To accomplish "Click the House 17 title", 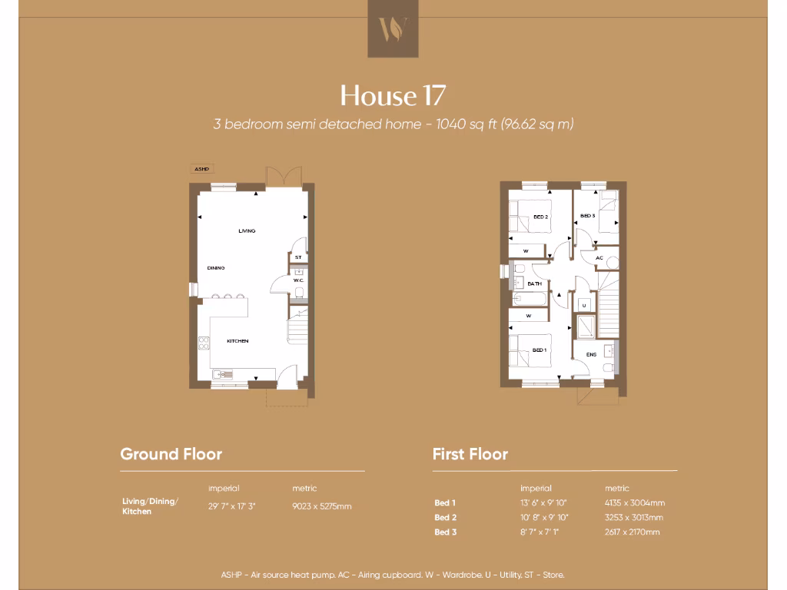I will click(393, 95).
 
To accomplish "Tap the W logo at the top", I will click(393, 29).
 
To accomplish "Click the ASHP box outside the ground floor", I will click(202, 169).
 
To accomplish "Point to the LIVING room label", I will click(247, 230).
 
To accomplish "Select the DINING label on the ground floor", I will click(216, 268).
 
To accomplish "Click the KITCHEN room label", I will click(237, 340).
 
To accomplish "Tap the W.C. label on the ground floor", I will click(299, 280).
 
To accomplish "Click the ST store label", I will click(298, 257).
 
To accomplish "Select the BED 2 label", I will click(541, 217).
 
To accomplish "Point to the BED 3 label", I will click(587, 216).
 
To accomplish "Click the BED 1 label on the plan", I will click(540, 350).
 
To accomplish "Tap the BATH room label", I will click(535, 283).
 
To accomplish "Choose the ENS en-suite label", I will click(591, 354).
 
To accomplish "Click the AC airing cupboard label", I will click(599, 258).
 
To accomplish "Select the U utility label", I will click(584, 306).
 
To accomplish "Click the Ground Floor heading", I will click(171, 454).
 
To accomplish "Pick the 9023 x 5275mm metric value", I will click(322, 506).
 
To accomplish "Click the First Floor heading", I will click(470, 454).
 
